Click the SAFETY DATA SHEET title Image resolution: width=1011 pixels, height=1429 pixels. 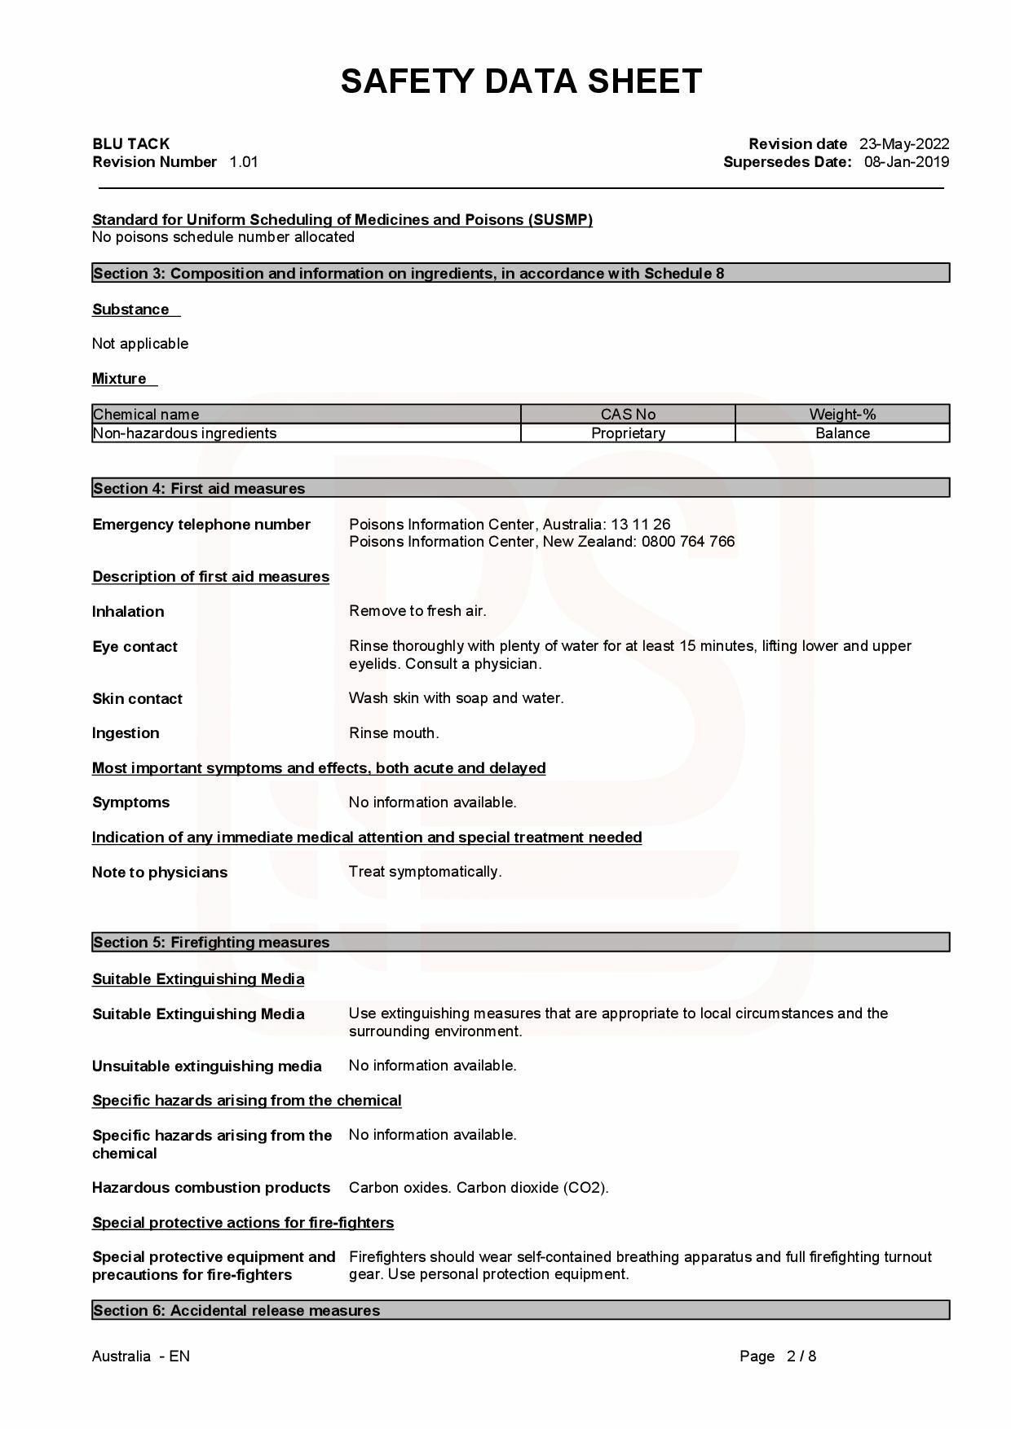pos(521,81)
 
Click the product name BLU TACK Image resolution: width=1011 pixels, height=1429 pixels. pos(130,144)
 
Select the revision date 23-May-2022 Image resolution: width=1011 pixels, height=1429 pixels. pos(903,144)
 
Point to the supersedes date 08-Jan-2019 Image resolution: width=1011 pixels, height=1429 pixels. pos(906,162)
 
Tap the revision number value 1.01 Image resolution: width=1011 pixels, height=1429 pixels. pos(244,162)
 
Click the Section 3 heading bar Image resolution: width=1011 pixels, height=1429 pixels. pos(520,273)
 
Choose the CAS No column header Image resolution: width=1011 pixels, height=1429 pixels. pos(628,414)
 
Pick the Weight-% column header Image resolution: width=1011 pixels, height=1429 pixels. pos(842,414)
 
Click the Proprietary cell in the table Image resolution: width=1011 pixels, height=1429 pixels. pos(628,433)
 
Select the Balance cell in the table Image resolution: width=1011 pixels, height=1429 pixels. pos(842,433)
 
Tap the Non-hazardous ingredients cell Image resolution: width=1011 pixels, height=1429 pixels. pos(185,433)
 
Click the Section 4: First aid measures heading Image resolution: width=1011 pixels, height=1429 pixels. pos(199,488)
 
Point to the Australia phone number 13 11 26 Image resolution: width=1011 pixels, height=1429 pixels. pos(641,524)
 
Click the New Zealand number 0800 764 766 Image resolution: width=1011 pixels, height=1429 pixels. pos(687,542)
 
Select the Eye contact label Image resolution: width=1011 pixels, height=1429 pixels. pos(135,647)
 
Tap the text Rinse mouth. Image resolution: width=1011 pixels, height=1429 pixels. pos(394,733)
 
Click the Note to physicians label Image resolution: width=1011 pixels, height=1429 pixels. pos(160,873)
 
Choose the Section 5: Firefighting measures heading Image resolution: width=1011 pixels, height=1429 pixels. pos(211,943)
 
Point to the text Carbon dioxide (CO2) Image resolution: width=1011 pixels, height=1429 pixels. pos(532,1188)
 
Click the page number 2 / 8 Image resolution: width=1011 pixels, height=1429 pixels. pos(801,1356)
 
